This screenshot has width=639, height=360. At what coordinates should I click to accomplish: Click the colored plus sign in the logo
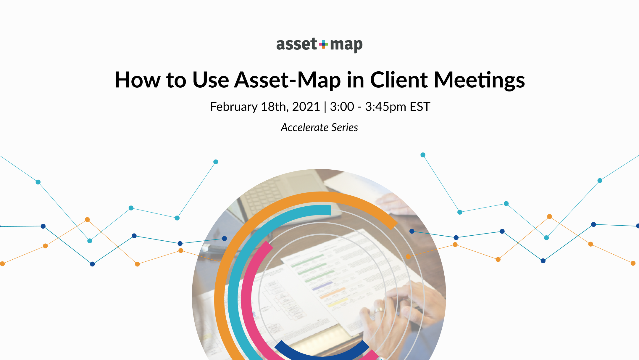pos(323,44)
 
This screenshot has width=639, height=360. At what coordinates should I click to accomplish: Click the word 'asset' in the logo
pos(296,44)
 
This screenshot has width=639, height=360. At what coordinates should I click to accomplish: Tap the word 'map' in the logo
pos(346,45)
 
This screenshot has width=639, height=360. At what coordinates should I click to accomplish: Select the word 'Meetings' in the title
pos(479,80)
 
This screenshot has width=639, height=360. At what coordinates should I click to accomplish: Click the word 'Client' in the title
pos(398,80)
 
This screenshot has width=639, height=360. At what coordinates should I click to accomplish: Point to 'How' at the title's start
pos(137,80)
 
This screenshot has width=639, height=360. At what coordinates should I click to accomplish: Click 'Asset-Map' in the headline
pos(287,80)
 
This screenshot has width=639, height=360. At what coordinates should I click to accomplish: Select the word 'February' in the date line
pos(234,107)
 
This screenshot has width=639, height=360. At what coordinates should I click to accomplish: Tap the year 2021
pos(306,107)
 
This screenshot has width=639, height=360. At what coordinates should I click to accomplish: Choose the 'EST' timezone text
pos(420,107)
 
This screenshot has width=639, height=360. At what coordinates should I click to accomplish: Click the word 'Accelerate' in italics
pos(304,128)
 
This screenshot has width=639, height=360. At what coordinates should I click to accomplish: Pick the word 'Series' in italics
pos(345,128)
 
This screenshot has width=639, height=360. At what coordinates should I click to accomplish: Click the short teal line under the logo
pos(319,61)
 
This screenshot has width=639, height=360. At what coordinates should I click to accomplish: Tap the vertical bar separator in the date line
pos(325,107)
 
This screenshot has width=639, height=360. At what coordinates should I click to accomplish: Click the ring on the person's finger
pos(379,310)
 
